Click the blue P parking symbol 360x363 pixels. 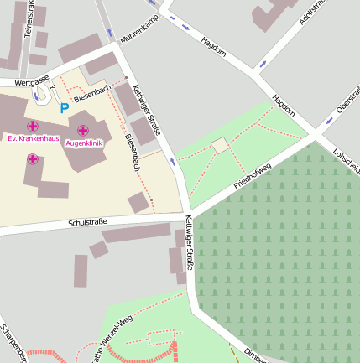(63, 108)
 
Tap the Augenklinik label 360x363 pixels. (83, 143)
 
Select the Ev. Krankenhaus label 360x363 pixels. (32, 138)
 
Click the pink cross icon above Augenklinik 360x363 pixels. (83, 130)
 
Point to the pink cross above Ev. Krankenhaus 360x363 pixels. (33, 126)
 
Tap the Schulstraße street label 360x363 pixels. (88, 222)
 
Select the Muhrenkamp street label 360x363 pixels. (139, 32)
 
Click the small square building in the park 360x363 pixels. (220, 146)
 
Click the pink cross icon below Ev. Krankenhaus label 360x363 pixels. (32, 159)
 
